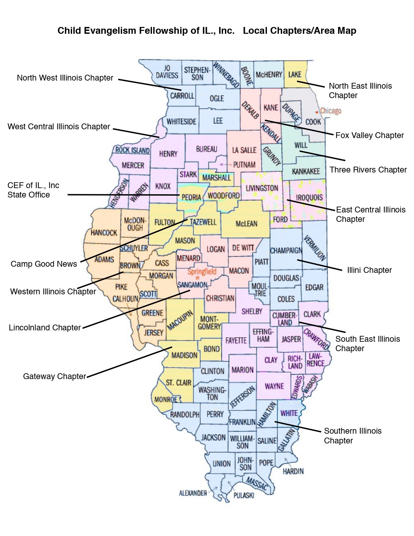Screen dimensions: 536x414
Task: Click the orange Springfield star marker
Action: coord(197,278)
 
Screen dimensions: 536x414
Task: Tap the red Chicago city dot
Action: coord(317,112)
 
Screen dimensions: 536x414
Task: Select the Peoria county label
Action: coord(191,197)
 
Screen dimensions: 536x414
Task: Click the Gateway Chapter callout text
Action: coord(54,376)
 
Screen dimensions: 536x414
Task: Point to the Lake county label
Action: coord(295,74)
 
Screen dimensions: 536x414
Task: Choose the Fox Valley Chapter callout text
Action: coord(369,135)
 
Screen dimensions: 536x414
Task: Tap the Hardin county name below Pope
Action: coord(293,471)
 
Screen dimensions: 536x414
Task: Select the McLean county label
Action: coord(246,223)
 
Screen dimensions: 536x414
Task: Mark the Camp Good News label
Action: coord(44,264)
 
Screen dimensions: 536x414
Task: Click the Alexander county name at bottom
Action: coord(193,493)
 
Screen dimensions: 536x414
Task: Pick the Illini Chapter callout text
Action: coord(369,270)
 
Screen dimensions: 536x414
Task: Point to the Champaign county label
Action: coord(286,250)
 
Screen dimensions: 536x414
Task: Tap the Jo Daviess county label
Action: coord(167,71)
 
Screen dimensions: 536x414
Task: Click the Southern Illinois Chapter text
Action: coord(352,436)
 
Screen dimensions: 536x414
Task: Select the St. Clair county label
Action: coord(178,382)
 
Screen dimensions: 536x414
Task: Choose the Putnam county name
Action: coord(244,165)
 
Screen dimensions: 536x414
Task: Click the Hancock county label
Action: coord(104,233)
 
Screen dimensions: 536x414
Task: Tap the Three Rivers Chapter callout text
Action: coord(368,170)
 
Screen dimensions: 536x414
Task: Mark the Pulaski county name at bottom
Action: coord(244,495)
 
